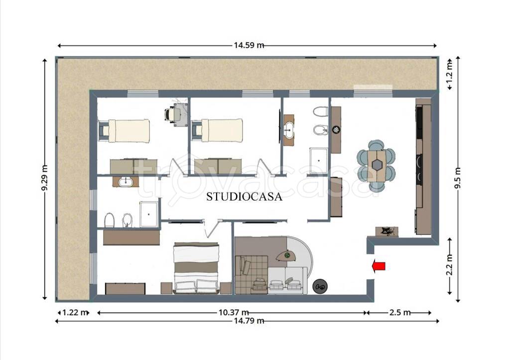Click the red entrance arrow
pos(379,266)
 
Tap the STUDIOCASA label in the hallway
pos(244,196)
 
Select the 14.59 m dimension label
pos(249,45)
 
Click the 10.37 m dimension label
pos(234,312)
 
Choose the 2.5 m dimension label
pos(400,313)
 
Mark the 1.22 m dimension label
pos(75,313)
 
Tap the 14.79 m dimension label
pos(249,321)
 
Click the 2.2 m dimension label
pos(450,265)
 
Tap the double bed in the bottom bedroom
pos(196,268)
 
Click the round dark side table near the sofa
pos(320,286)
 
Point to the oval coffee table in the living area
pos(286,256)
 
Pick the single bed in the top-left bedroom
pos(129,131)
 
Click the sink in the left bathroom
pos(124,182)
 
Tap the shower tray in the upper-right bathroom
pos(319,161)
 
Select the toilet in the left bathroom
pos(109,221)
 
